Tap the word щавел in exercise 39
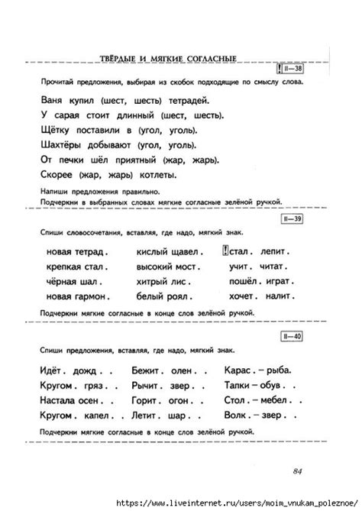180,251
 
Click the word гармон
92,296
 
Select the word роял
178,296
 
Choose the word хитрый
153,281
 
